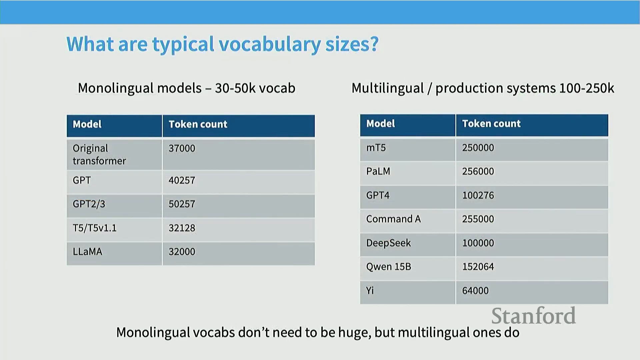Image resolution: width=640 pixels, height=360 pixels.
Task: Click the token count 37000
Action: click(182, 148)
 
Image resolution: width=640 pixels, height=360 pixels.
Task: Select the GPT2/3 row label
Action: click(89, 204)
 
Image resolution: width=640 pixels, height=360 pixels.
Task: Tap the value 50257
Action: click(182, 204)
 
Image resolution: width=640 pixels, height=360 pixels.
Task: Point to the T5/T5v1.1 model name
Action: click(95, 228)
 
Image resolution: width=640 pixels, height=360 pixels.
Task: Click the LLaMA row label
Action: click(87, 252)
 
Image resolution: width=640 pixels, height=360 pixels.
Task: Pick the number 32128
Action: click(182, 228)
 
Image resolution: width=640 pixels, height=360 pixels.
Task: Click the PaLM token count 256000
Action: click(478, 171)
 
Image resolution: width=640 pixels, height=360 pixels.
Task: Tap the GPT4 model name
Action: click(378, 195)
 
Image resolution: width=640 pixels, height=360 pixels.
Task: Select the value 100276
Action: click(478, 195)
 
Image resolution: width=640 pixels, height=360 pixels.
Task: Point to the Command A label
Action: click(393, 219)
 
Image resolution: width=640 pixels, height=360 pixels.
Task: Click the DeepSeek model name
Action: click(388, 243)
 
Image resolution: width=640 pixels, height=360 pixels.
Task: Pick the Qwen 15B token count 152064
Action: click(478, 267)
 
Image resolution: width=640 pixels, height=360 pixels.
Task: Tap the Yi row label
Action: click(370, 291)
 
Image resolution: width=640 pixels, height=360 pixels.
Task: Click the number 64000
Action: click(475, 291)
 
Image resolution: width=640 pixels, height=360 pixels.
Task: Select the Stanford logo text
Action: click(534, 316)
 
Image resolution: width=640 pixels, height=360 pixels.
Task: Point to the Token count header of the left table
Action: click(198, 124)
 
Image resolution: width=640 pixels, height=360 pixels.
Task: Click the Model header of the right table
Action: click(381, 124)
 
